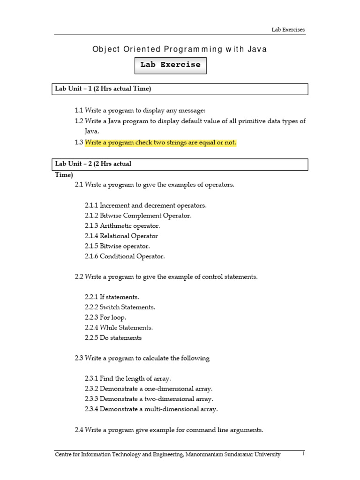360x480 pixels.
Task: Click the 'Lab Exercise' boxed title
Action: tap(171, 65)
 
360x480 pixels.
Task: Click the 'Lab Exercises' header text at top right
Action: tap(288, 30)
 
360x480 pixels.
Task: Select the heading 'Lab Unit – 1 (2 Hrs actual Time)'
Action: tap(103, 89)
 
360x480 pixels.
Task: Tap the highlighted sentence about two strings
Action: tap(160, 142)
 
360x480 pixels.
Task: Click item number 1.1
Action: tap(79, 110)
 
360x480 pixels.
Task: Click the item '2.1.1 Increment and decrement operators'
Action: tap(145, 205)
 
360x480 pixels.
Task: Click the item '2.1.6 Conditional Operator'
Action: tap(125, 256)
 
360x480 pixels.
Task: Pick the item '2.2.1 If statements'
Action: tap(112, 297)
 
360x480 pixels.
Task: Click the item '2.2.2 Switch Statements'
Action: tap(120, 307)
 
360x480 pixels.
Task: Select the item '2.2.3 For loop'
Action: tap(105, 317)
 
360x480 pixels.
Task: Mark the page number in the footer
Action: tap(303, 454)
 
